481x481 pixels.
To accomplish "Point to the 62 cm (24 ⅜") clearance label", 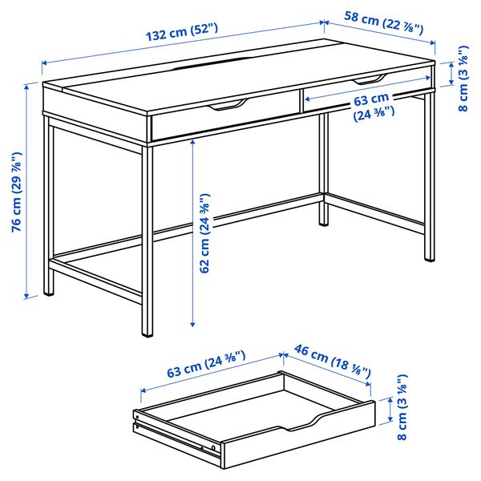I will point(206,233).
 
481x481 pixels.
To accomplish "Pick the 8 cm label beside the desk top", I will point(463,81).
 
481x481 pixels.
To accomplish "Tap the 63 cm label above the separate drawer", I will point(205,372).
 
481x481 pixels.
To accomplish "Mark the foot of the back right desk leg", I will point(324,221).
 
